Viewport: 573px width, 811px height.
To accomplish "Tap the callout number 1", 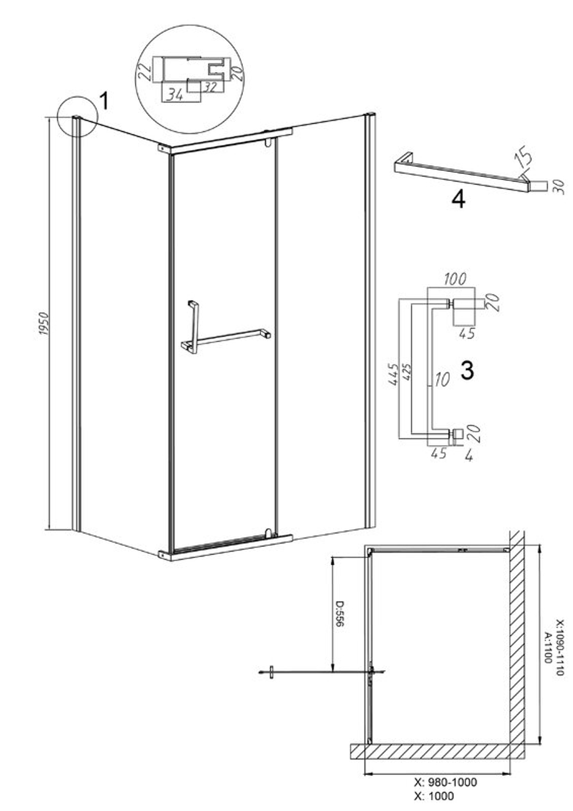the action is tap(103, 101).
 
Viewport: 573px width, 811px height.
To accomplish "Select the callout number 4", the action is tap(459, 199).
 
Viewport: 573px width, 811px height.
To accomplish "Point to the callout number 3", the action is tap(467, 371).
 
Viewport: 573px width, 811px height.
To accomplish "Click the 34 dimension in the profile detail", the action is tap(175, 95).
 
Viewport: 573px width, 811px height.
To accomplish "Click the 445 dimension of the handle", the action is tap(393, 375).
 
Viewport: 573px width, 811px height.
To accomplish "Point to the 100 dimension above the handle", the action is tap(454, 279).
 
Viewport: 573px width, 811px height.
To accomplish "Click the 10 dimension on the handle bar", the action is tap(441, 380).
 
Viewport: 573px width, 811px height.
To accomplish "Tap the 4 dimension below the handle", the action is tap(469, 456).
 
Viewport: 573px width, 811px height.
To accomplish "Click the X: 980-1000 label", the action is tap(445, 782).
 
